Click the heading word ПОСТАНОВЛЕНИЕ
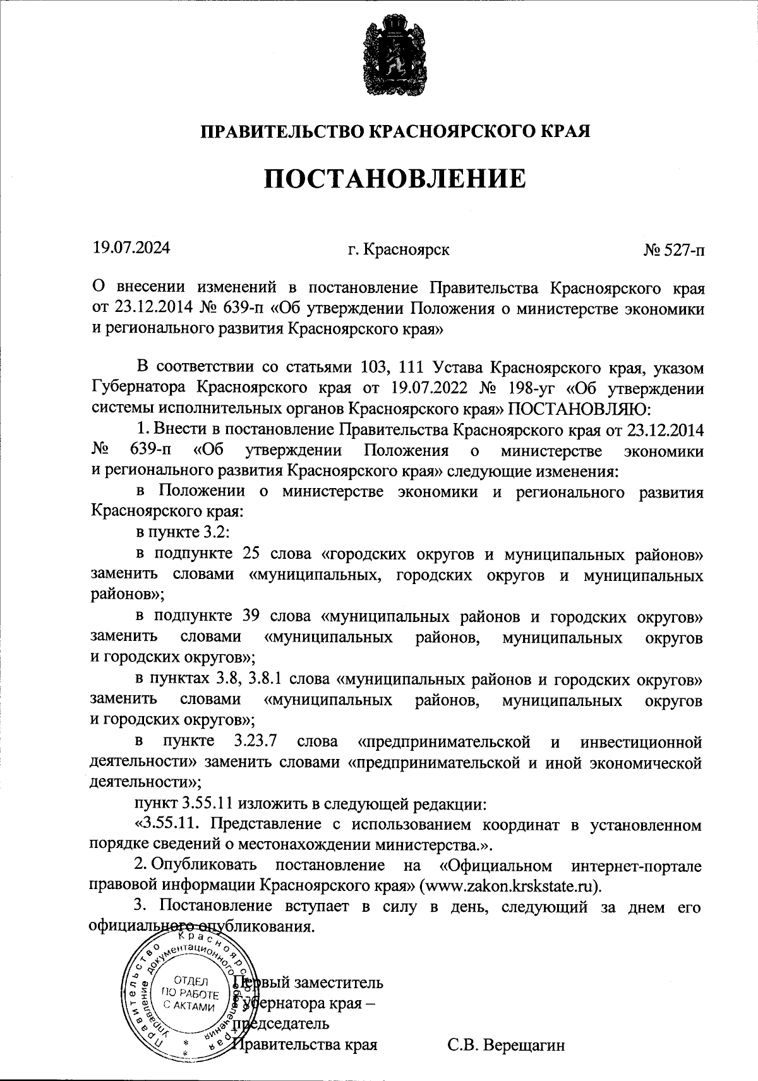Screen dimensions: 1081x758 pyautogui.click(x=394, y=179)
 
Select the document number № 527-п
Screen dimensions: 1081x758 pyautogui.click(x=673, y=249)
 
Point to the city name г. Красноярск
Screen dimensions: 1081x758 pyautogui.click(x=399, y=249)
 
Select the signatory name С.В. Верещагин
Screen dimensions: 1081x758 pyautogui.click(x=505, y=1045)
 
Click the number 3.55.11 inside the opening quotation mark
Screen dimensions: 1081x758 pyautogui.click(x=171, y=824)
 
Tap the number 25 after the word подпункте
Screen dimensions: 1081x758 pyautogui.click(x=250, y=554)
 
